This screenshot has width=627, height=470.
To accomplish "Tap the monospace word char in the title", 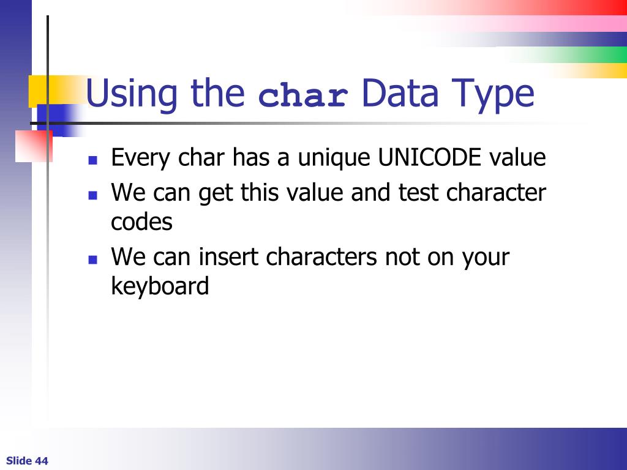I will point(304,97).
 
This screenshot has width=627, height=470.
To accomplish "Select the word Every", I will point(141,159).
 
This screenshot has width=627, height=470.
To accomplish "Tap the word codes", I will point(141,222).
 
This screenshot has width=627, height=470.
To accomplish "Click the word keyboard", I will point(160,286).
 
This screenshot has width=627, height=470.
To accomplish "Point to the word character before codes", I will point(496,193).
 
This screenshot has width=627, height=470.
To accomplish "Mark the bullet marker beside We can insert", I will point(93,259).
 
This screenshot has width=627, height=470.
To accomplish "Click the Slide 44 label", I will point(27,461).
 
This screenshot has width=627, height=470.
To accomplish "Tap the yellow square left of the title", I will point(43,90).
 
